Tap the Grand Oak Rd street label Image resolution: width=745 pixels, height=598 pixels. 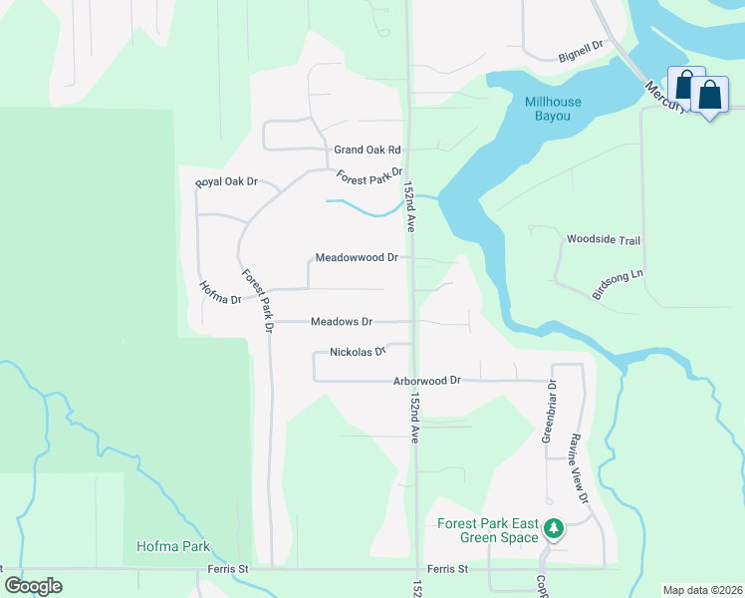[367, 149]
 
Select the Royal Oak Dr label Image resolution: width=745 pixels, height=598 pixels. [227, 181]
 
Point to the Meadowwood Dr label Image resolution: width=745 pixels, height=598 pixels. [357, 257]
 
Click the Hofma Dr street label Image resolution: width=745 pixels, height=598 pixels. [219, 292]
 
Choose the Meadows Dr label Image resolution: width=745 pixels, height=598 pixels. [341, 322]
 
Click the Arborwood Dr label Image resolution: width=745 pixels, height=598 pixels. [427, 381]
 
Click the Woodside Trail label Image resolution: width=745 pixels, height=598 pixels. [603, 240]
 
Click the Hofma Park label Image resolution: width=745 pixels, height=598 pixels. [173, 547]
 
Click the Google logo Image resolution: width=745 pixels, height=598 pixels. [33, 586]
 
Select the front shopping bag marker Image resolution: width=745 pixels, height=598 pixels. [709, 97]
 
